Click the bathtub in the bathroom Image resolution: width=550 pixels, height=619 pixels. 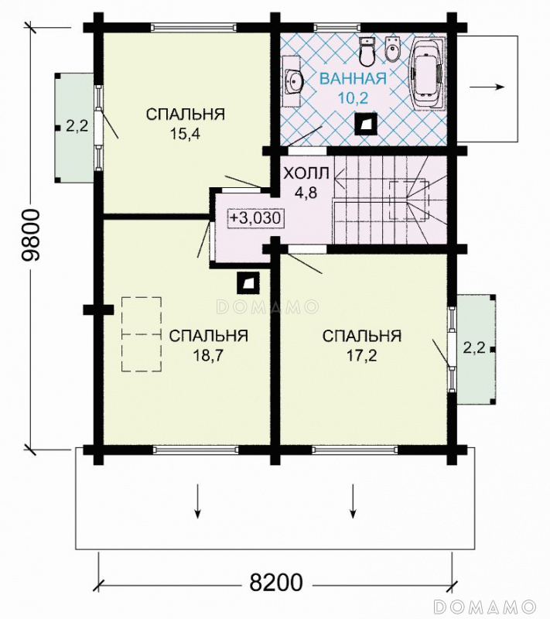428,73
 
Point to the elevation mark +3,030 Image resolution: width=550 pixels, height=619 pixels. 257,218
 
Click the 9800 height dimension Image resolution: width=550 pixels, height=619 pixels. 31,235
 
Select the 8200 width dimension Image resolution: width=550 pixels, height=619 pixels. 276,582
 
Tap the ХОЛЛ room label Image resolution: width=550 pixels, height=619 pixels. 306,173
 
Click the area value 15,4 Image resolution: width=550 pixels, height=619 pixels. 185,134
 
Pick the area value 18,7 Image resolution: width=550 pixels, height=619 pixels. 208,356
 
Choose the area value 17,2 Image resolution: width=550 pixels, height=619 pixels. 362,356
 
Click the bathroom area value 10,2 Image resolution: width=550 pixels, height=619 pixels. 353,97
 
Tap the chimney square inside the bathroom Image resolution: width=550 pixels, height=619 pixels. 367,125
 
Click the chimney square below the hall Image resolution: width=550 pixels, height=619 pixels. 248,283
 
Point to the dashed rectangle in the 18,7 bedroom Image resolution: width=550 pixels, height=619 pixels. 142,334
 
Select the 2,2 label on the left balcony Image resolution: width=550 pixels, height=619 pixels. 77,126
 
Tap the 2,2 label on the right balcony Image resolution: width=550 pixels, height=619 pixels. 474,348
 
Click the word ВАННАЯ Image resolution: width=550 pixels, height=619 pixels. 353,79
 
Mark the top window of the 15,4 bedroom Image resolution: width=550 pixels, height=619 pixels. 194,27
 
